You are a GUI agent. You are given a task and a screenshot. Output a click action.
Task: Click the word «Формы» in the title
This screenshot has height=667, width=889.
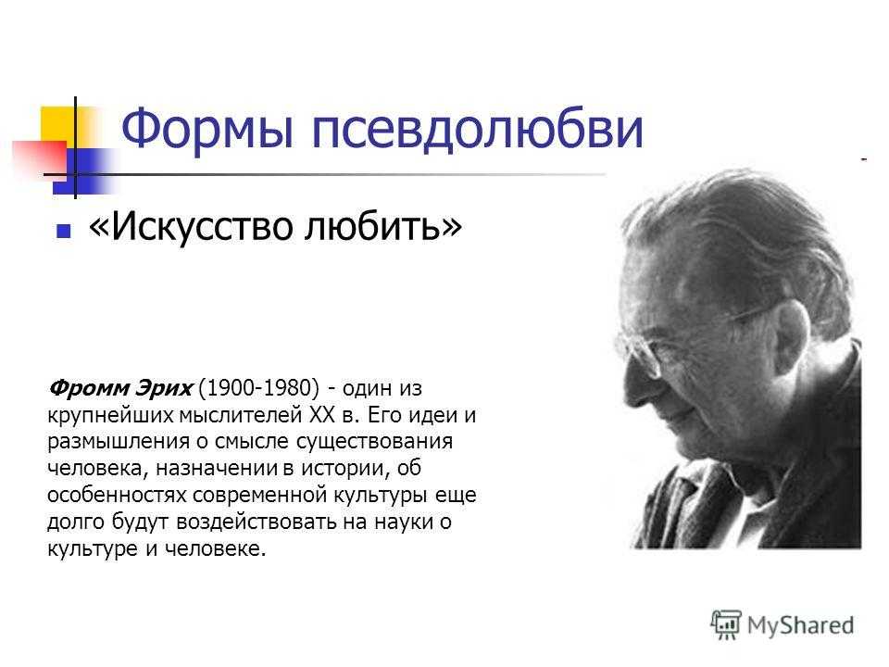coord(207,130)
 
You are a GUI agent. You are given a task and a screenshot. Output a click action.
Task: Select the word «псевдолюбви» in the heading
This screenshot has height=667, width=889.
coord(478,130)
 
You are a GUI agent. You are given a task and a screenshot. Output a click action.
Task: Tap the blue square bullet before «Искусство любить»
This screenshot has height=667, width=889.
coord(64,231)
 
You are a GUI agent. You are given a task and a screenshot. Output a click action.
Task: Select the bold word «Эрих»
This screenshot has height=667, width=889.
coord(163,388)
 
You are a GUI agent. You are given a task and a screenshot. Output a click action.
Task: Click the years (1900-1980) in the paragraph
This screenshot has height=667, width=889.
coord(259,388)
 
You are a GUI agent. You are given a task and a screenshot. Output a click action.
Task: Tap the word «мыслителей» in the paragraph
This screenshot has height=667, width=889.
coord(241,415)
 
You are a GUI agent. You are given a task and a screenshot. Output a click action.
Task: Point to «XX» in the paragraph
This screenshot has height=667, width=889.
coord(322,415)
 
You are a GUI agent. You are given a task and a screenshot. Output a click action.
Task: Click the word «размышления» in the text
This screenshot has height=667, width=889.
coord(119,442)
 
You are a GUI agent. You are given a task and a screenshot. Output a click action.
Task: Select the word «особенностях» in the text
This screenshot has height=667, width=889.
coord(117,495)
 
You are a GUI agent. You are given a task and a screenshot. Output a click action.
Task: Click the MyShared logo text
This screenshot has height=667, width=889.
coord(800,625)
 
